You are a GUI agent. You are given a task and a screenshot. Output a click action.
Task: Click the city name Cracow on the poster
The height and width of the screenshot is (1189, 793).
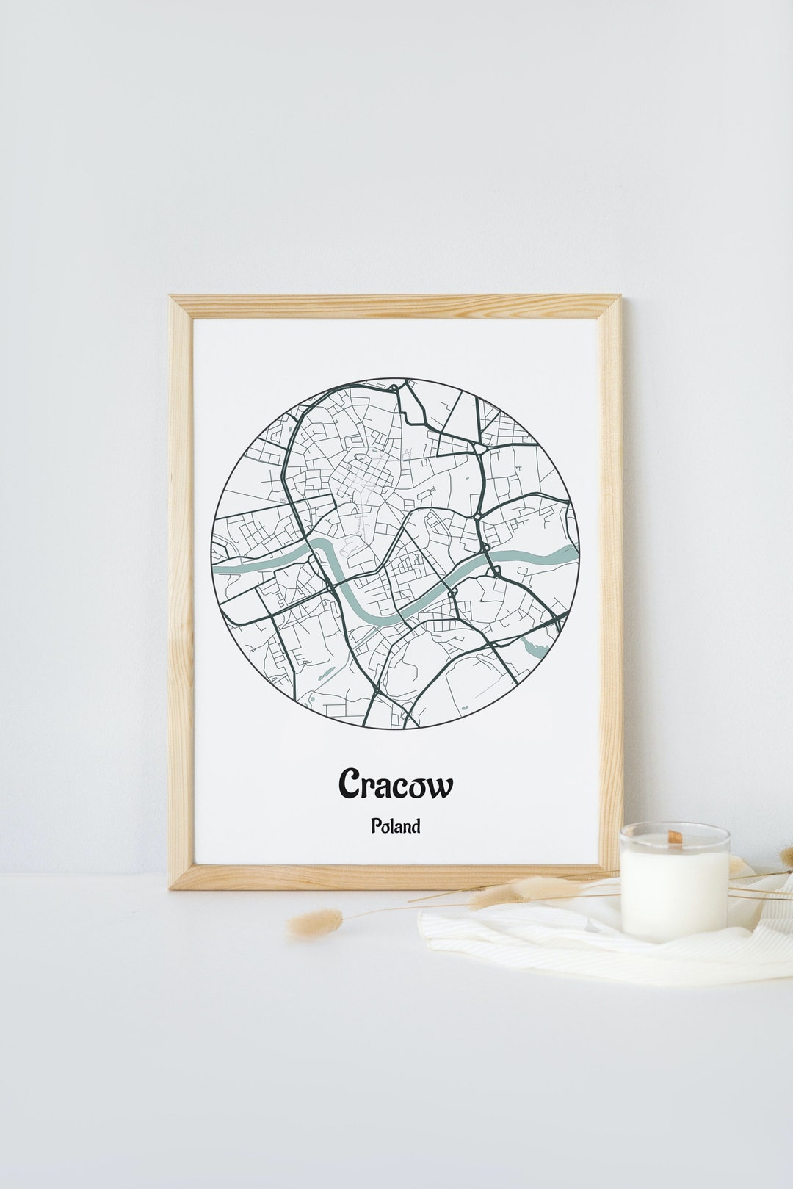396,784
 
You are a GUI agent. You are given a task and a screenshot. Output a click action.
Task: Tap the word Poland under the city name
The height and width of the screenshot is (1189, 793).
396,826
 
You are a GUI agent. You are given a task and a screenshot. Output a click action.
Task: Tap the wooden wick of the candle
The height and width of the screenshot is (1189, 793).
674,836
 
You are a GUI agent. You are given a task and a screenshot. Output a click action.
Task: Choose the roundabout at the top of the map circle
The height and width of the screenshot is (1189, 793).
396,386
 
